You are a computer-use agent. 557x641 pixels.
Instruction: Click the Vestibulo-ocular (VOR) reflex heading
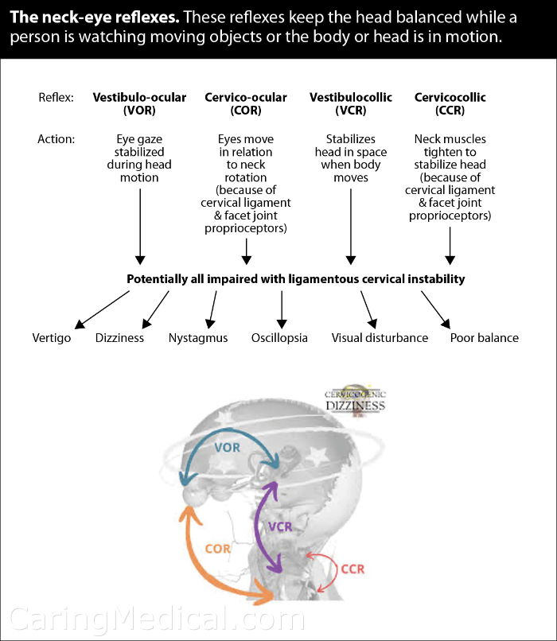[x=139, y=103]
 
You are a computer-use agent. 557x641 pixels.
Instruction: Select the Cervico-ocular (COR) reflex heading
[x=246, y=103]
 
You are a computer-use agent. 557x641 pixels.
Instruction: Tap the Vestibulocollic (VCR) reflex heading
[x=350, y=103]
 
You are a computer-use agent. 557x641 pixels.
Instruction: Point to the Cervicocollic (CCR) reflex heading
[x=450, y=103]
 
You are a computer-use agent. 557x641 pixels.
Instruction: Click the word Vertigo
[x=52, y=338]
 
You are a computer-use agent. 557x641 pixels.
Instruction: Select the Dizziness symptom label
[x=119, y=338]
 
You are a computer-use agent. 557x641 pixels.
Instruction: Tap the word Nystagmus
[x=198, y=338]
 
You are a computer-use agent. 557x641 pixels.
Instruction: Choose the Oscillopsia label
[x=279, y=338]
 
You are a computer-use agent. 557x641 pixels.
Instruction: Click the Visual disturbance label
[x=380, y=338]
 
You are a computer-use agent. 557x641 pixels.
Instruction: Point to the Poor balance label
[x=485, y=338]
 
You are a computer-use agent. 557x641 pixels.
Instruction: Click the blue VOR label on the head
[x=228, y=448]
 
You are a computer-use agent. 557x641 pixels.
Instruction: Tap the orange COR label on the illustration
[x=217, y=549]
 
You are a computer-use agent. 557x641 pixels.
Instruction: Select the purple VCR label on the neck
[x=280, y=526]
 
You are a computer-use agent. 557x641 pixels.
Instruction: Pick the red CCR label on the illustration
[x=353, y=569]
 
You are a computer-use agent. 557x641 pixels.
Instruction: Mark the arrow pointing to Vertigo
[x=102, y=309]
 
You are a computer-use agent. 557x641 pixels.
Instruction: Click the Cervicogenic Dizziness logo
[x=355, y=401]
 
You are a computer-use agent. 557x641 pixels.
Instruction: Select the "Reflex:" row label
[x=56, y=98]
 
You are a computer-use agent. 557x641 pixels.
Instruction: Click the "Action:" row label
[x=56, y=139]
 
